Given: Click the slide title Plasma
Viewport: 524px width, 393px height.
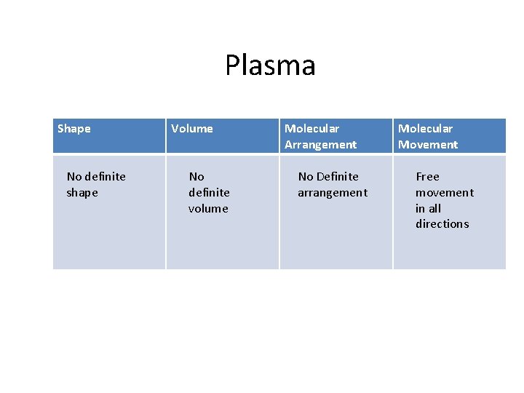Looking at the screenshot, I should (x=270, y=65).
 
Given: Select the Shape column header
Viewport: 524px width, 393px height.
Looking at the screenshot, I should (x=74, y=129).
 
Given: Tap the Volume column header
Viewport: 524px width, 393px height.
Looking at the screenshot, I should (x=192, y=129).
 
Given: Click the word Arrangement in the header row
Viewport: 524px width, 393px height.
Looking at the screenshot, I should (x=320, y=145).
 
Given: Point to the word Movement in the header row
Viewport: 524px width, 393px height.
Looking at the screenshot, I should (x=428, y=145).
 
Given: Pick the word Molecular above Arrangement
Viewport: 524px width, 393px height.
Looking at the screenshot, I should (x=311, y=129).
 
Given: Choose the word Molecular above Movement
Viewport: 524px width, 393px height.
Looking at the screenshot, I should (x=425, y=129).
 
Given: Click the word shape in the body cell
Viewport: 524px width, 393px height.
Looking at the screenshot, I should (x=82, y=193).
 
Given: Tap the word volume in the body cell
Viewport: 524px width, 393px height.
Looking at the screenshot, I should (x=208, y=209).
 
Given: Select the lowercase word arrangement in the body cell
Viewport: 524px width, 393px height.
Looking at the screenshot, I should (x=333, y=193).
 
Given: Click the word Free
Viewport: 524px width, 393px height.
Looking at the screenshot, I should (x=427, y=177).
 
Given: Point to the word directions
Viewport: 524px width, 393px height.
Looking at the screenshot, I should (x=442, y=224).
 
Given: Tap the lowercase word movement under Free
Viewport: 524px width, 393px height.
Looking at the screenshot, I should (x=445, y=193).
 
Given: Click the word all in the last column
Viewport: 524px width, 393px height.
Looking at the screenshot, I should (x=434, y=209).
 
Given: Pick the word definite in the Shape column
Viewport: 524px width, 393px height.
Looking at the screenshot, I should (x=105, y=177).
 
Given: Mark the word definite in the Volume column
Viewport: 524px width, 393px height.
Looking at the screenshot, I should (x=209, y=193).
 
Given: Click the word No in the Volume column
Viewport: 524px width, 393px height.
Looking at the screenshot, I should (x=196, y=177).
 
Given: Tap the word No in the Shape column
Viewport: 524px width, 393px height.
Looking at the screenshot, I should (x=74, y=177).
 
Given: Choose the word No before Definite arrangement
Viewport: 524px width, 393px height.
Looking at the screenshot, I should (x=306, y=177).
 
